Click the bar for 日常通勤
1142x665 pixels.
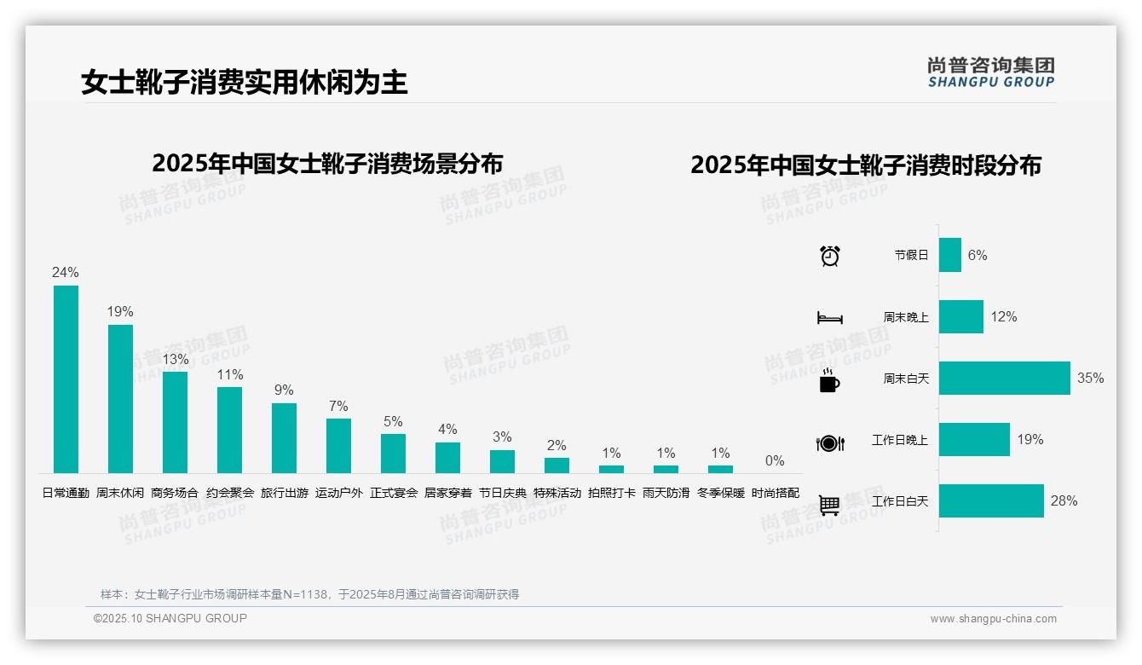[66, 379]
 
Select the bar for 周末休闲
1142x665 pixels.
[120, 399]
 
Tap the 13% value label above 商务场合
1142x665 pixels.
[176, 359]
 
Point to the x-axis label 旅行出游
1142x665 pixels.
[284, 493]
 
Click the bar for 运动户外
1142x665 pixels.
[338, 446]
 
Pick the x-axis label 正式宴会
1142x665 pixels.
[393, 493]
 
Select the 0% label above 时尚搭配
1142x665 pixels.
[774, 460]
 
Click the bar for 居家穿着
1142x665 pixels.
[447, 458]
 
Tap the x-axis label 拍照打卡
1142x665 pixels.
[611, 493]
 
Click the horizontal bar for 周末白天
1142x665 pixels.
[1004, 379]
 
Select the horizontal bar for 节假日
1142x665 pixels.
[949, 255]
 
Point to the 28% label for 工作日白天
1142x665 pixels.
[1064, 500]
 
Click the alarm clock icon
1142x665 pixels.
[829, 256]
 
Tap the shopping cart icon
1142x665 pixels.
[829, 506]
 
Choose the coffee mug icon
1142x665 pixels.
[829, 381]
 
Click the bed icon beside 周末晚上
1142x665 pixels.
[829, 318]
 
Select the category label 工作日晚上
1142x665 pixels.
[899, 440]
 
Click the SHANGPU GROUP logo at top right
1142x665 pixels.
[990, 72]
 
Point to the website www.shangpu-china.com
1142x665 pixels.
[993, 619]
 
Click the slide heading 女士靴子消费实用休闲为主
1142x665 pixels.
[245, 82]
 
